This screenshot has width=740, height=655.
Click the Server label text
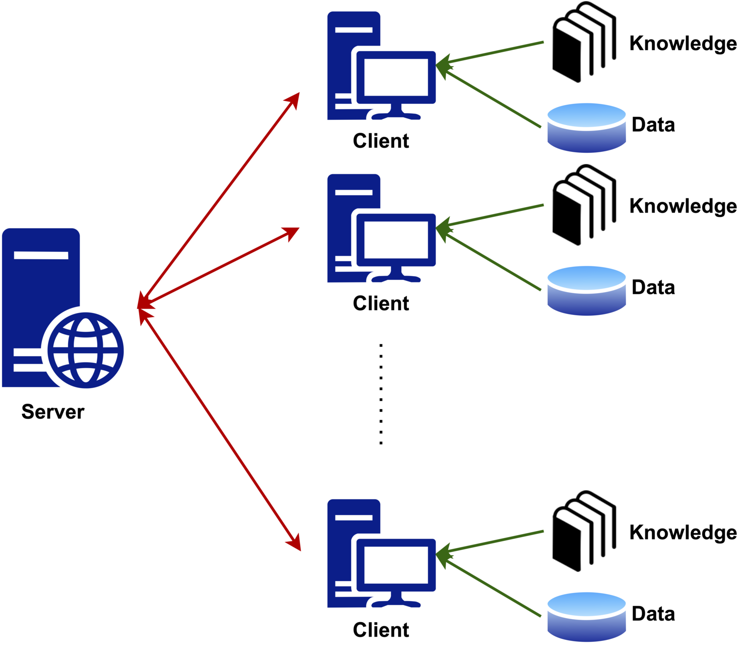tap(53, 411)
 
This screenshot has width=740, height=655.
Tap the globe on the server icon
tap(85, 350)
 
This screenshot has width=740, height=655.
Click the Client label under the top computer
tap(381, 141)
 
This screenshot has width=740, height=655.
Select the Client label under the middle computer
tap(381, 303)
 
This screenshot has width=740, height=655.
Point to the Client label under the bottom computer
tap(381, 629)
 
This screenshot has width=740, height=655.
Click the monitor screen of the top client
tap(396, 77)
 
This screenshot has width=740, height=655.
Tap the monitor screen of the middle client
tap(396, 240)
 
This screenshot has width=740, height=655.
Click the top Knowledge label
tap(683, 44)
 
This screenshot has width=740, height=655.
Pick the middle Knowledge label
tap(683, 207)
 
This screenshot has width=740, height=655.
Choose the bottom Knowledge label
tap(683, 533)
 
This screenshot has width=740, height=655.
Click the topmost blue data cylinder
tap(587, 128)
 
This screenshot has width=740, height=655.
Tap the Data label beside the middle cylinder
tap(653, 287)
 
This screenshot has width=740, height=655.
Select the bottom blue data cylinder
tap(587, 617)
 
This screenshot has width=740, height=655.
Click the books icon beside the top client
tap(584, 42)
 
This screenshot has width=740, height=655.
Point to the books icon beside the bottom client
tap(584, 531)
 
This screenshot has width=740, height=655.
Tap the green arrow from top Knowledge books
tap(489, 54)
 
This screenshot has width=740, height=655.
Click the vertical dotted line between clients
tap(381, 394)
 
